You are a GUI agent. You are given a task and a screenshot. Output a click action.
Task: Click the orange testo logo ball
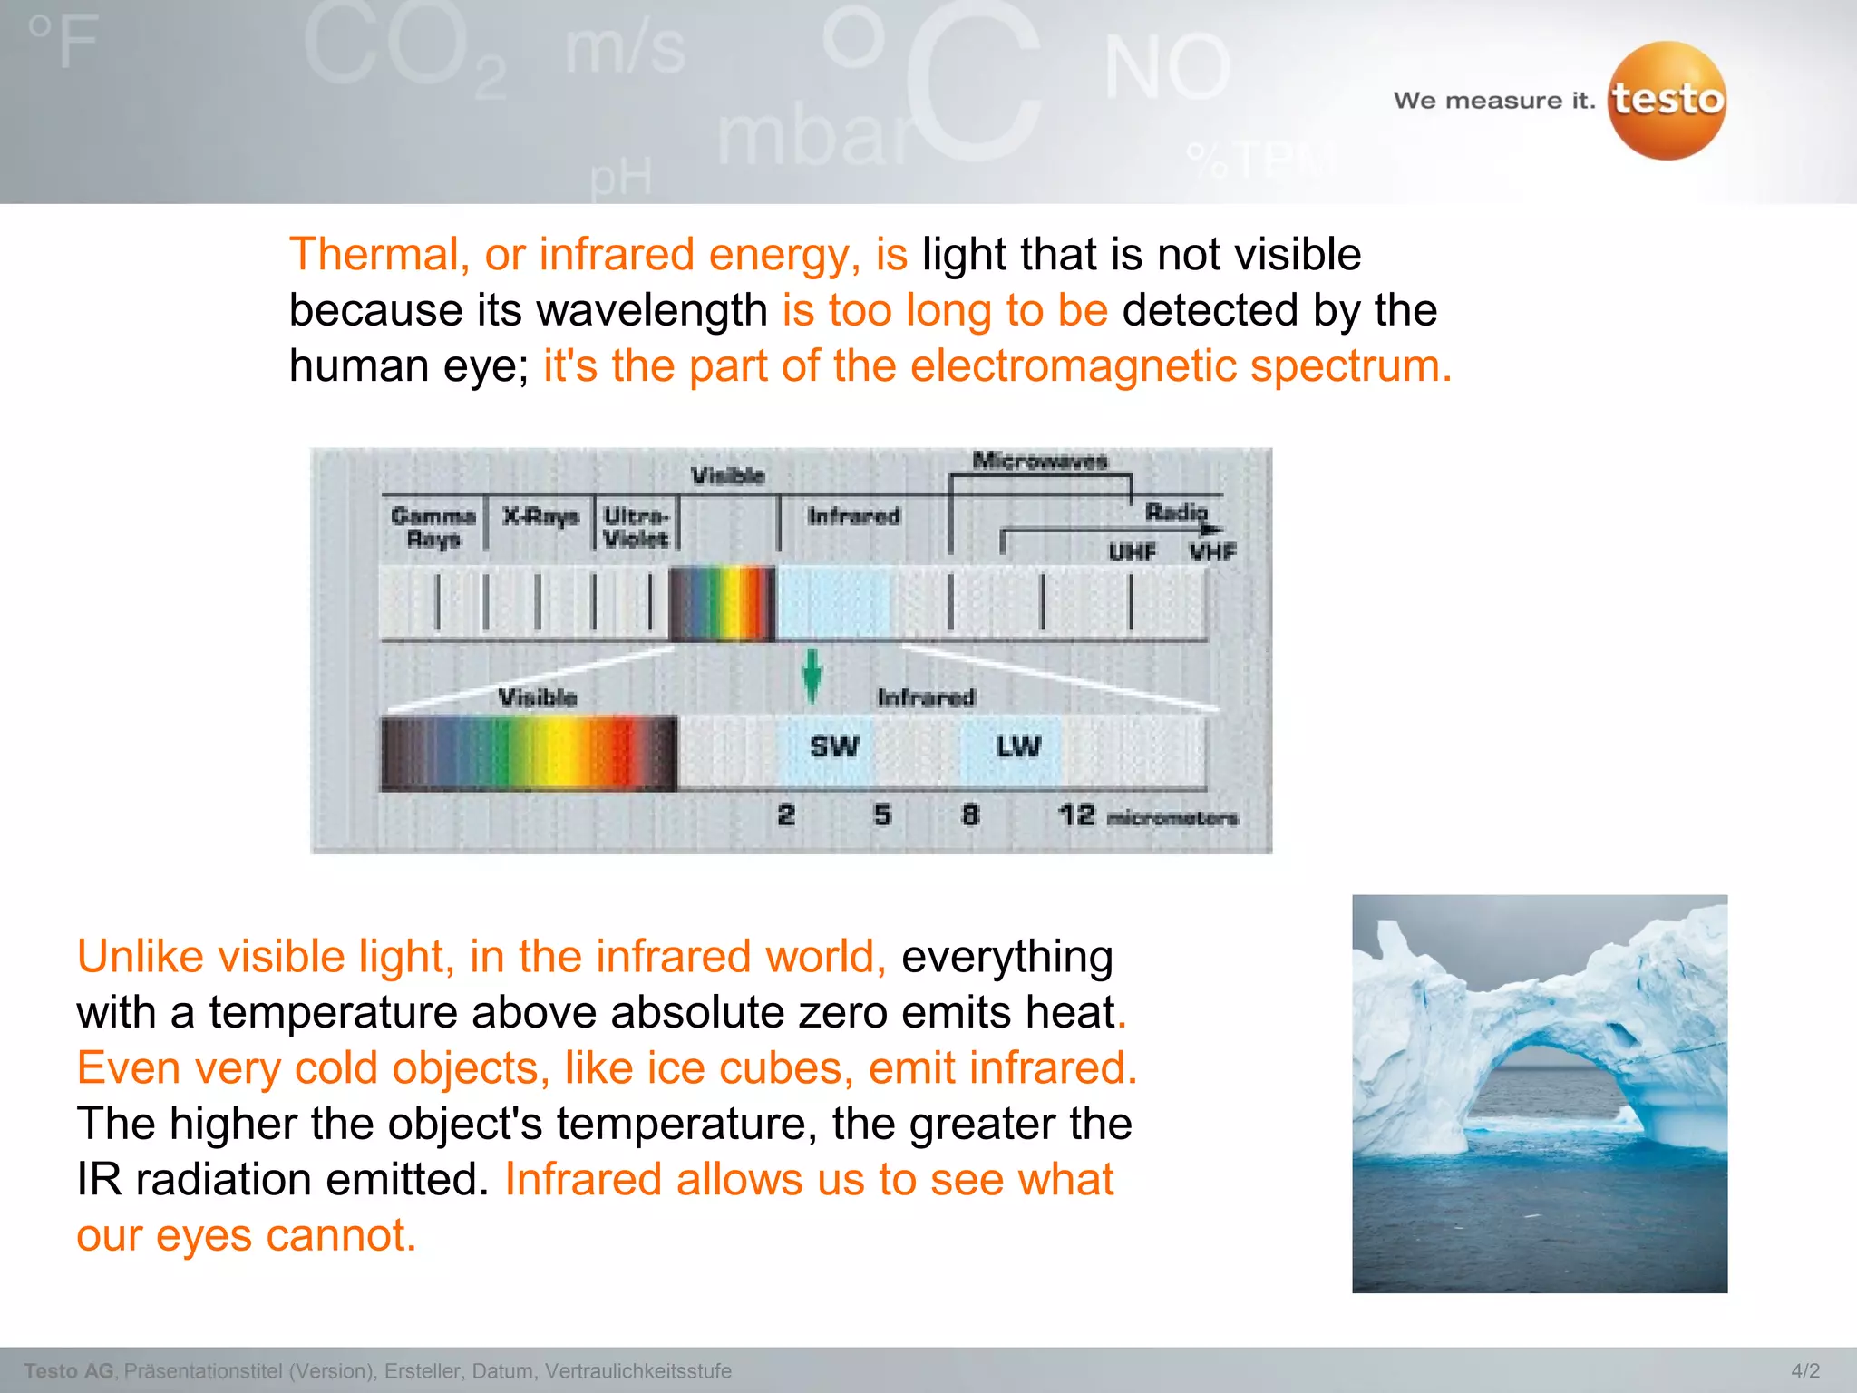1667,101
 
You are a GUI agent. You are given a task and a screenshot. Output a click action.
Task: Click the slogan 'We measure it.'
1493,101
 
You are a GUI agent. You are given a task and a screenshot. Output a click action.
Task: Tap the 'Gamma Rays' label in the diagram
433,527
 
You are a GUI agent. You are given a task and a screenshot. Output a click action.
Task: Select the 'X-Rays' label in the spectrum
540,516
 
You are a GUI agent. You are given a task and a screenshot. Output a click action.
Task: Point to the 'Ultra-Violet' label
637,527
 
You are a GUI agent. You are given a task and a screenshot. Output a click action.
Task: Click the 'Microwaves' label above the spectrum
1040,461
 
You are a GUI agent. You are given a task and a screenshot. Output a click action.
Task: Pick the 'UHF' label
1133,551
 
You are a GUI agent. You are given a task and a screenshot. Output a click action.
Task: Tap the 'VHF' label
1213,551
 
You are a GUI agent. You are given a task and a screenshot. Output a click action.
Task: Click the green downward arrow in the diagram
812,676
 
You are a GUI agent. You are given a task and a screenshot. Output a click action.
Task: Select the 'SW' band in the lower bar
833,747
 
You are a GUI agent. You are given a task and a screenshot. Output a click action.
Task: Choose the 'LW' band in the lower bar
1018,747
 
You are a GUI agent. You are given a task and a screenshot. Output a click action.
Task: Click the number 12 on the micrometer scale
1076,815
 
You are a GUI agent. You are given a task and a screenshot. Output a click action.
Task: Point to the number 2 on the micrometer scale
786,815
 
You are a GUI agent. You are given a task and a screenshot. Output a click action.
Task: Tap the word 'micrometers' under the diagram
1172,818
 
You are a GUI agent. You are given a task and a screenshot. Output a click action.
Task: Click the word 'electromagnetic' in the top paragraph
1073,366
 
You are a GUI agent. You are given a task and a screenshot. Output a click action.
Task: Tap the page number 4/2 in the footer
1804,1371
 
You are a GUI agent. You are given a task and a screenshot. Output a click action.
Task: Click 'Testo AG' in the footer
69,1371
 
